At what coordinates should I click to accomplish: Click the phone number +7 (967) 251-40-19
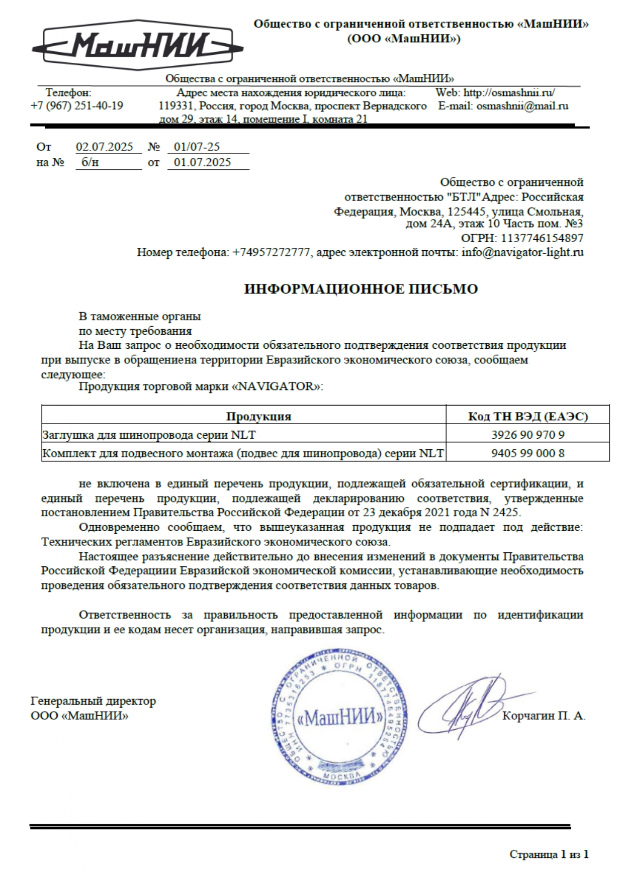[x=77, y=106]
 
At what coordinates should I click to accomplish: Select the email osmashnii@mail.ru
[x=522, y=106]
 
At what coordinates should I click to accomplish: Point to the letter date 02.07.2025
[x=105, y=147]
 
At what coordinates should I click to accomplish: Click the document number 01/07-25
[x=197, y=147]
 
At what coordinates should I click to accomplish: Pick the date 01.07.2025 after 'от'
[x=202, y=162]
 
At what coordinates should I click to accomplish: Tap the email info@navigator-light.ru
[x=522, y=252]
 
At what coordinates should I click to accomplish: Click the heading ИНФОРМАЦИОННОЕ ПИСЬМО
[x=361, y=289]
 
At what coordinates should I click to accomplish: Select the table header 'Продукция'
[x=258, y=417]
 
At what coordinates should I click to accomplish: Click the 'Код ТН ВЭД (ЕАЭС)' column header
[x=528, y=417]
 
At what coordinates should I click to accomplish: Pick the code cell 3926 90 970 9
[x=528, y=435]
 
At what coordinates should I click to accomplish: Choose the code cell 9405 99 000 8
[x=528, y=453]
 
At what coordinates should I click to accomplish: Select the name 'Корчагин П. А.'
[x=544, y=716]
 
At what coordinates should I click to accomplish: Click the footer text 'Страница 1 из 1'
[x=549, y=854]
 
